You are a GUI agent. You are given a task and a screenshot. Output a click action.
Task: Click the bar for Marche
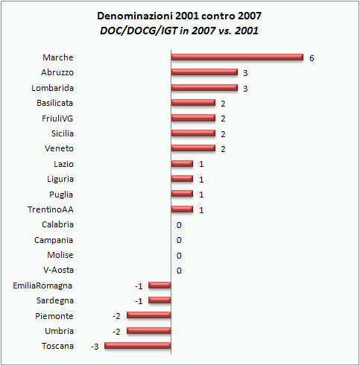237,57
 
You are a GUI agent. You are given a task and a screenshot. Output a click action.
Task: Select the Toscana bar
138,346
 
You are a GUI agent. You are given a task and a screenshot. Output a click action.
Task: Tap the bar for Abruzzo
204,72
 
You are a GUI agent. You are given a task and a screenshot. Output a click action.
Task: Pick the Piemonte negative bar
149,315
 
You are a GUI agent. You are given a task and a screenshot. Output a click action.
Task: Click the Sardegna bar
160,300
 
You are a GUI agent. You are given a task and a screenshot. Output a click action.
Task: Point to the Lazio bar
182,164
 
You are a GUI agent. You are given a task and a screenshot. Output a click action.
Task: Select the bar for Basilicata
193,103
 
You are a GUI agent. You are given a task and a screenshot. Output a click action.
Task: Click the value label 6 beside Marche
312,57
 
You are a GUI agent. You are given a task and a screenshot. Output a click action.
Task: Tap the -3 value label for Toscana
95,346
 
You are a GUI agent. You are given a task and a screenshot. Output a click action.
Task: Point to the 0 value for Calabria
179,224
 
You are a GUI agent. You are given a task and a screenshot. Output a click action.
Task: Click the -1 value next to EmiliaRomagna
139,285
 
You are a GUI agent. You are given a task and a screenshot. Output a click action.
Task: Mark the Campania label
54,240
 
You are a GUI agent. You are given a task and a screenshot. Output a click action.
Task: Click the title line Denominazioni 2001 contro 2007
180,15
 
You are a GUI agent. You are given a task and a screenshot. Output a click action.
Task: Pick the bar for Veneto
193,148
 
